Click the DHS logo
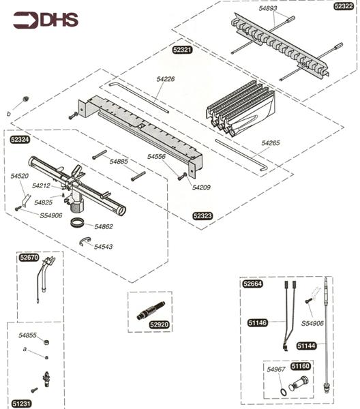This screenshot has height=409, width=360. pos(45,20)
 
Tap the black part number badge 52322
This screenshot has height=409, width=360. pos(344,6)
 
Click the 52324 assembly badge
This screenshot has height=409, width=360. pos(20,139)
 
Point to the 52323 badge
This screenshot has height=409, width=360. pos(202,215)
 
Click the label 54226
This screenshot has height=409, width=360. pos(165,80)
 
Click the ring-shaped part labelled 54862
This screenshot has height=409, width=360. pos(80,224)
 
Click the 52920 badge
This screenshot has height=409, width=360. pos(160,325)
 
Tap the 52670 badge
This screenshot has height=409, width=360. pos(29,258)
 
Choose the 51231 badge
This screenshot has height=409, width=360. pos(22,403)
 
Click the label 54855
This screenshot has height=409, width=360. pos(27,335)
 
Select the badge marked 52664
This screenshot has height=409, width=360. pos(252,283)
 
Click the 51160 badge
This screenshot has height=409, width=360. pos(301,366)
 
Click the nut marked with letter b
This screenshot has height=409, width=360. pos(25,99)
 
